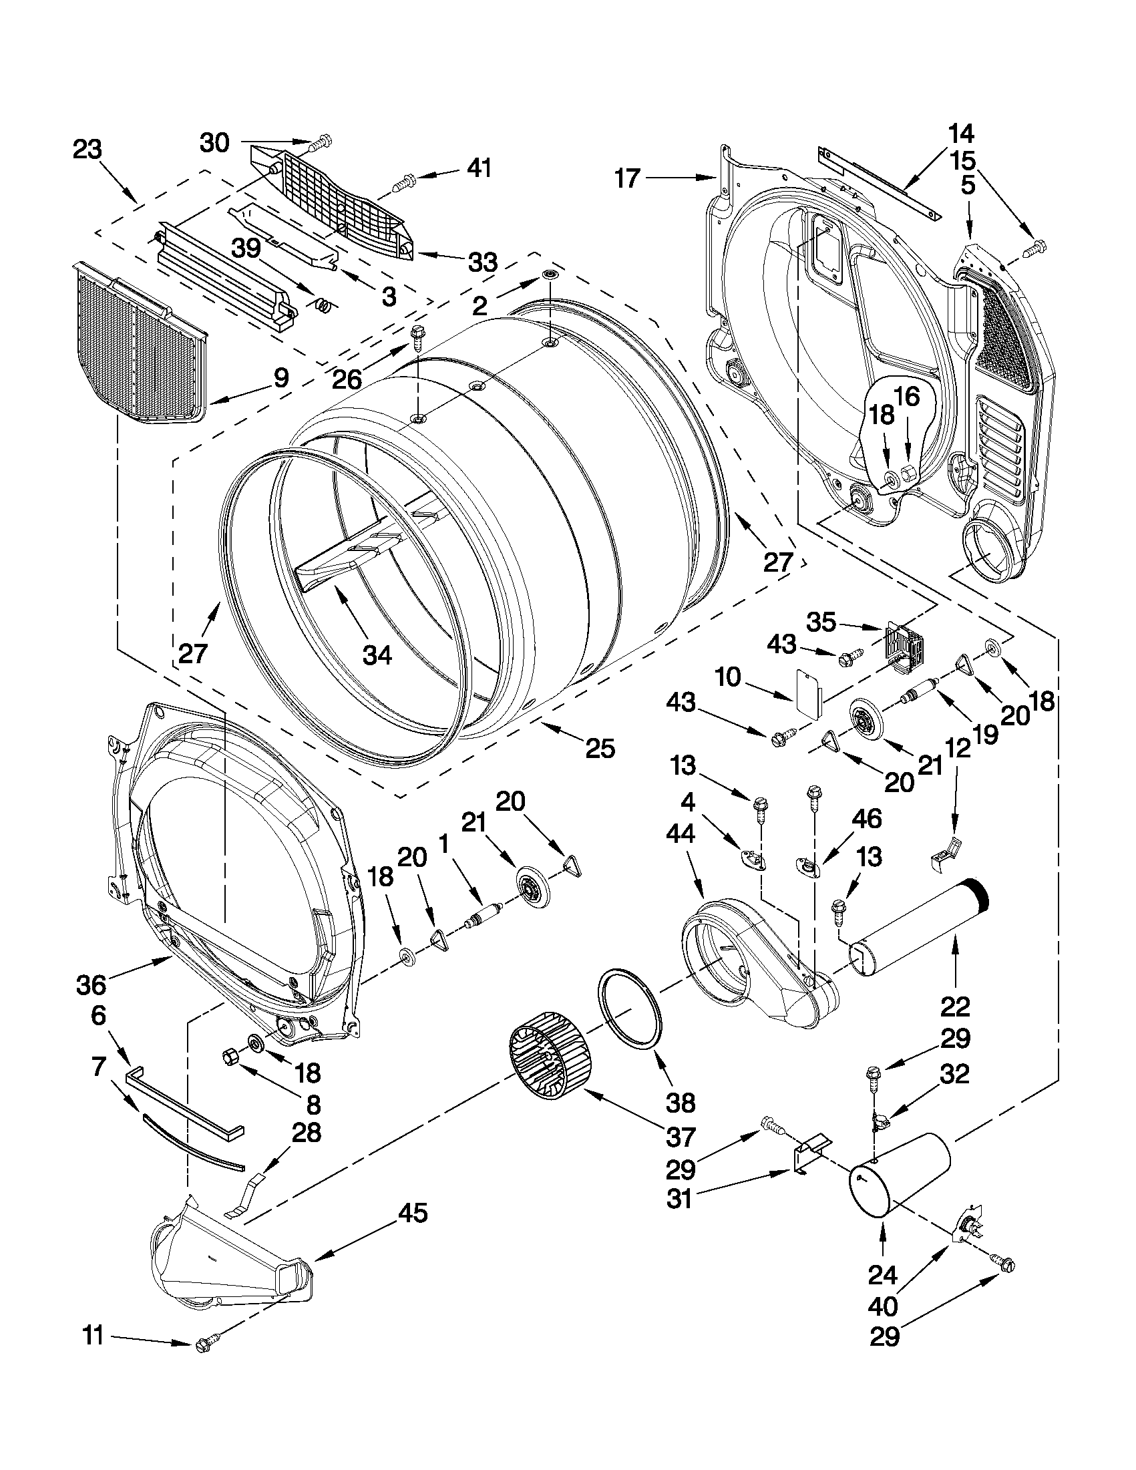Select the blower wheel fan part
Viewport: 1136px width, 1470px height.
click(x=546, y=1059)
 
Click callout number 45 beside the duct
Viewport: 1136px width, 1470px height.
click(x=413, y=1213)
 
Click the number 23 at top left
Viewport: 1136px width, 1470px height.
click(x=87, y=150)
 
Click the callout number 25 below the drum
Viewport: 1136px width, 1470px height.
click(x=600, y=749)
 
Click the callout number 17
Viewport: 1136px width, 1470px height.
click(x=626, y=179)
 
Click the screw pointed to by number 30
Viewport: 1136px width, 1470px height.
click(x=322, y=142)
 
